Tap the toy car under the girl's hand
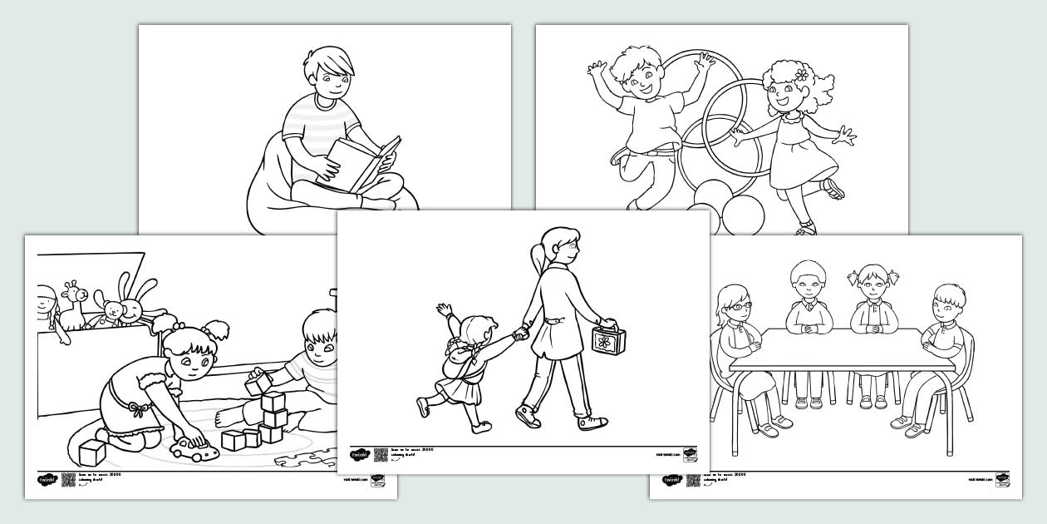click(193, 451)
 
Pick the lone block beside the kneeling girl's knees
click(91, 452)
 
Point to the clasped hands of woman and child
click(519, 334)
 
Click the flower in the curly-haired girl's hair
click(801, 75)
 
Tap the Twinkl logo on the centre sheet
click(359, 455)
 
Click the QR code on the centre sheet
click(381, 454)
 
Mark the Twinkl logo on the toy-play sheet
click(47, 480)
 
